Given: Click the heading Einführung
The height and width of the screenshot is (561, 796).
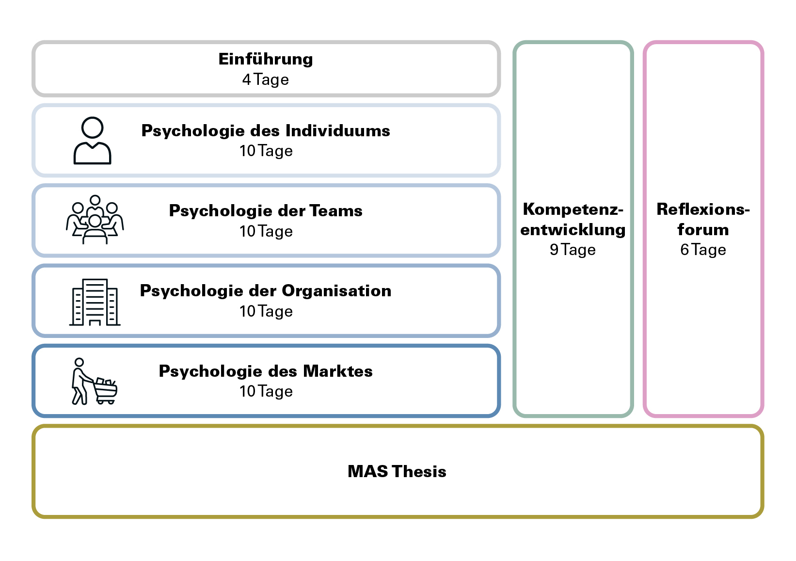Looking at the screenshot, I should (266, 59).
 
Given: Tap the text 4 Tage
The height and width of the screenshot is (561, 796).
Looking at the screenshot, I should (266, 80).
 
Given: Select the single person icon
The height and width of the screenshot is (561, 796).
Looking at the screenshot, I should (93, 141).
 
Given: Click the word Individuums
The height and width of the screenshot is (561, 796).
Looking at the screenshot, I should (337, 131).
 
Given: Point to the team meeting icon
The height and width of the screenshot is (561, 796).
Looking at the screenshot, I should (95, 220).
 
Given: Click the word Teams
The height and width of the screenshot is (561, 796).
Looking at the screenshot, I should (336, 211).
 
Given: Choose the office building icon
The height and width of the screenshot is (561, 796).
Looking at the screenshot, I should (95, 302).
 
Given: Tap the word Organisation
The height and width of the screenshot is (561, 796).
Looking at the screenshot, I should (336, 291).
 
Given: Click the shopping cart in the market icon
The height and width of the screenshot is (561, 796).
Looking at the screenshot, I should (106, 391).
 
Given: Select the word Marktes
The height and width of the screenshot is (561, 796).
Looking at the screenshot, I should (338, 371).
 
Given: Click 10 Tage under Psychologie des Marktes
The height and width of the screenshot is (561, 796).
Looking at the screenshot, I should (266, 391).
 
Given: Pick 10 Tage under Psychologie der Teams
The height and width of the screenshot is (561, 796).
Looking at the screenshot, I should (266, 231).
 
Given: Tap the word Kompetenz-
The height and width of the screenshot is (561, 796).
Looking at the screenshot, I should (573, 209).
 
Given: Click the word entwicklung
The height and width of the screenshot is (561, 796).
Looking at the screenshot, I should (573, 230).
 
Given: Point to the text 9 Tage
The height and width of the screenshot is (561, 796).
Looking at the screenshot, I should (573, 250).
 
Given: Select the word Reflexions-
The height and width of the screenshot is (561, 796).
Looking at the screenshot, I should (703, 209).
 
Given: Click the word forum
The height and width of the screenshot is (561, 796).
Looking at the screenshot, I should (703, 230).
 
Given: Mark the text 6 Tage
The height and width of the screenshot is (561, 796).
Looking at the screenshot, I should (703, 250).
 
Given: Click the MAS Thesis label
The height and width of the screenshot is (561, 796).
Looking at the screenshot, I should (397, 471).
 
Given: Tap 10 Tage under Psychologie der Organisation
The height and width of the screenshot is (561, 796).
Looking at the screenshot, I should (266, 311).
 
